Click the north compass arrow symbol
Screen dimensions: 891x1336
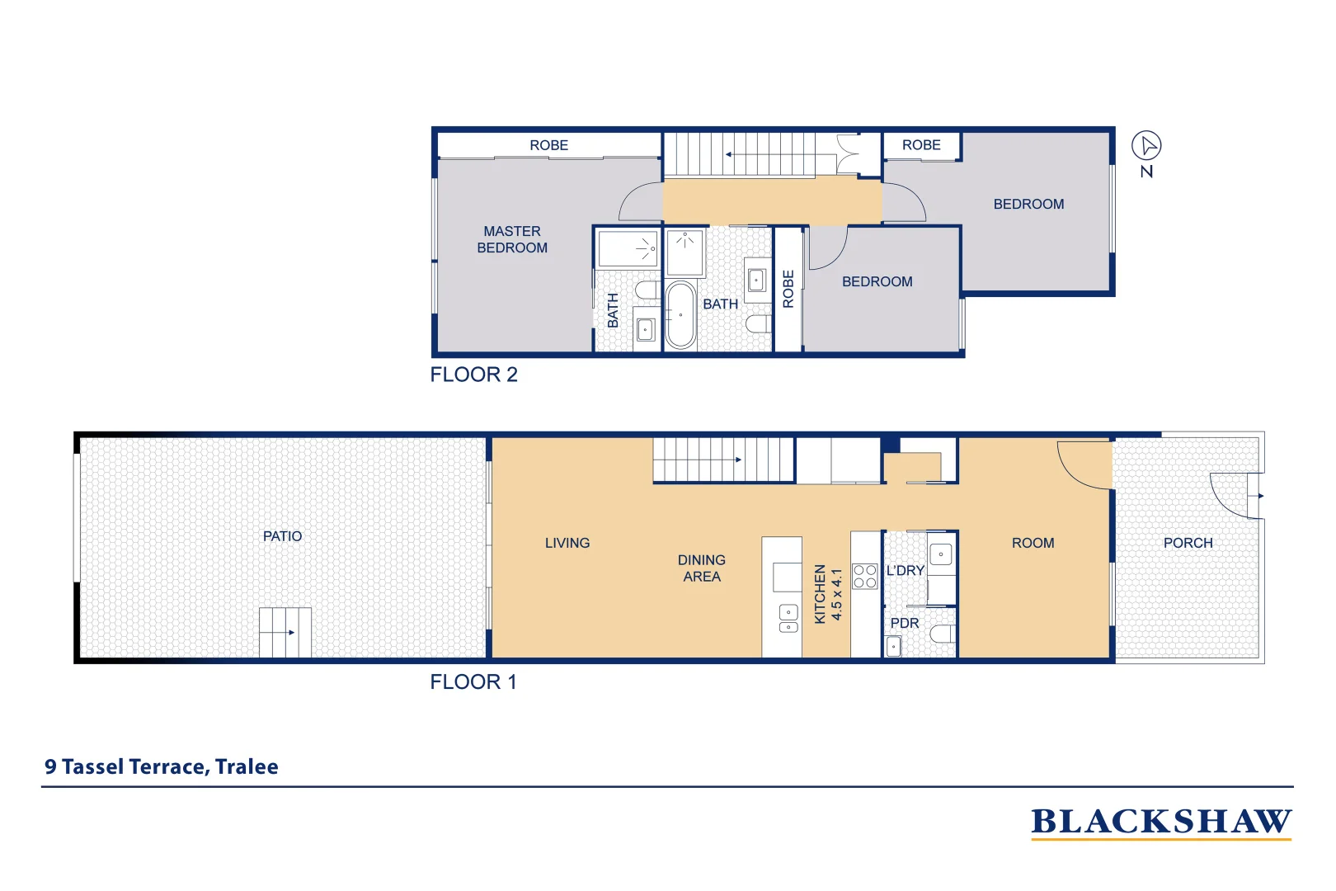[x=1146, y=146]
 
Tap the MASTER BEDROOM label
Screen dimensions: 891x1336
[x=512, y=239]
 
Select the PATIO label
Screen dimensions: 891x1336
[x=282, y=536]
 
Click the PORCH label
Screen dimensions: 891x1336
[x=1188, y=543]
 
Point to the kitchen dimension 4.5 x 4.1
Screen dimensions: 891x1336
[x=836, y=594]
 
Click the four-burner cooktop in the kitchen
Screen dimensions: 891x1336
[x=864, y=576]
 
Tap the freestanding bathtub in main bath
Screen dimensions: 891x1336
[x=680, y=314]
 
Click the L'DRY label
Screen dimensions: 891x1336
[x=905, y=570]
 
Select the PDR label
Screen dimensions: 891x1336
[x=904, y=623]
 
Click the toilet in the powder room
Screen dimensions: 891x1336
[x=943, y=634]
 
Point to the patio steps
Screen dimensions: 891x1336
[x=285, y=632]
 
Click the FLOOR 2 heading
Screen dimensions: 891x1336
[x=473, y=375]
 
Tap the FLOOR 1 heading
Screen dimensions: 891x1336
[x=473, y=682]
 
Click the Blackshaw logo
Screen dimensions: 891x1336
[x=1160, y=822]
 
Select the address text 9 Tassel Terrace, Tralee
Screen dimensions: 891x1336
[x=162, y=766]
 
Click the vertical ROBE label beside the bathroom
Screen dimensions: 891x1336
[x=788, y=289]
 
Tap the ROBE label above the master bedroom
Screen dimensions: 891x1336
[x=548, y=145]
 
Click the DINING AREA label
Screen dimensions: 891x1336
[x=701, y=568]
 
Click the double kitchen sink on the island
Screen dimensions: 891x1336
[x=788, y=619]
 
